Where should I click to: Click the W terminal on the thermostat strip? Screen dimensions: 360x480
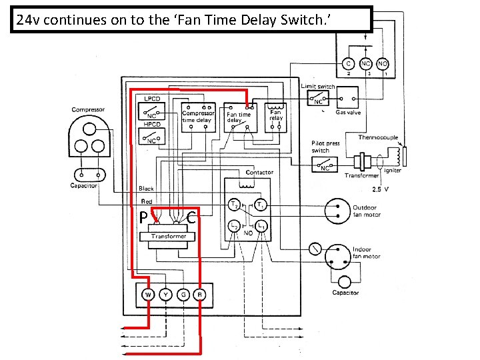tap(148, 294)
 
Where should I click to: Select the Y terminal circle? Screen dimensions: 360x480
tap(165, 294)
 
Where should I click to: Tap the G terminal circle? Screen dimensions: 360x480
tap(182, 294)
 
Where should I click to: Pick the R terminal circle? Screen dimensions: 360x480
tap(199, 294)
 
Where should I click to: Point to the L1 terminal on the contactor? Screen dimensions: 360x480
tap(262, 227)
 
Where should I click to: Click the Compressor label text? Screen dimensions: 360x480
tap(88, 109)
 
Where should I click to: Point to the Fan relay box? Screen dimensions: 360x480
tap(275, 117)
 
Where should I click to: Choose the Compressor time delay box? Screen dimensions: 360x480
tap(199, 117)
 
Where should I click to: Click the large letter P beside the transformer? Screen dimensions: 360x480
tap(143, 217)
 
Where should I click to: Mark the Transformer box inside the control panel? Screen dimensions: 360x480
tap(169, 236)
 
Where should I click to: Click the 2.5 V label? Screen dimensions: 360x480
tap(381, 189)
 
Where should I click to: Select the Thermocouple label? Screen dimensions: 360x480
tap(378, 137)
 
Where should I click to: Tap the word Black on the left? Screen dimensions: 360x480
tap(146, 189)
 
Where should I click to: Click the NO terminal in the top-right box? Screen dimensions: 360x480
tap(383, 64)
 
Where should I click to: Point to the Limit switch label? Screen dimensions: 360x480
tap(318, 86)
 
